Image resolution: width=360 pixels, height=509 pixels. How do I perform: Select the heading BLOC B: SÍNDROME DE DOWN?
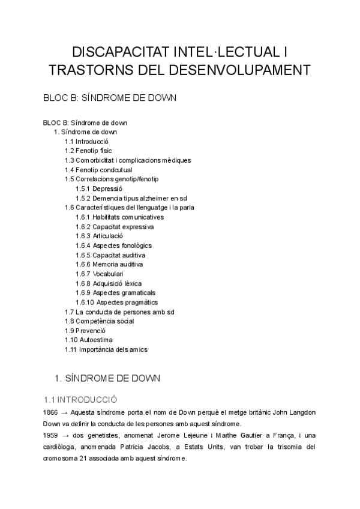[x=109, y=98]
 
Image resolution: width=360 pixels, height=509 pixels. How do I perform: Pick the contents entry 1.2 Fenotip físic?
[x=88, y=151]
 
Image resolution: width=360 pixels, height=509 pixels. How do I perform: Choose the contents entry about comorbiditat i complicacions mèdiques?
[x=128, y=160]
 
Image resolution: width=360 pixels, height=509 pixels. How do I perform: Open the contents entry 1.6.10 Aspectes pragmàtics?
[x=116, y=302]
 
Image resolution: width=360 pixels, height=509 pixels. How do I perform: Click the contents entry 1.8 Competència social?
[x=99, y=321]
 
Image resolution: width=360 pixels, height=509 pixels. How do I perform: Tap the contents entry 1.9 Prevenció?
[x=85, y=331]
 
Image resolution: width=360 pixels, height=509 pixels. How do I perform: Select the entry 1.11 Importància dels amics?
[x=106, y=349]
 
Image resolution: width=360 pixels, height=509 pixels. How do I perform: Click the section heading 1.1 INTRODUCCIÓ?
[x=80, y=399]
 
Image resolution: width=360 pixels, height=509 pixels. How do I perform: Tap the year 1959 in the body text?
[x=51, y=436]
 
